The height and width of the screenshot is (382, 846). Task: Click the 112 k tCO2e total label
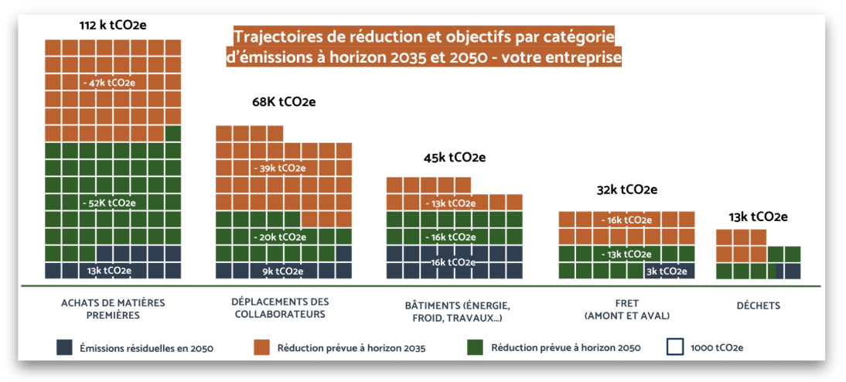[112, 26]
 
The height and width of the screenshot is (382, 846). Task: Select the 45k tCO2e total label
[454, 158]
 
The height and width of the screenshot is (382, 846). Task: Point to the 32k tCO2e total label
[626, 190]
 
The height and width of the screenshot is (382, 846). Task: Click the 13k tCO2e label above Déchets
[757, 217]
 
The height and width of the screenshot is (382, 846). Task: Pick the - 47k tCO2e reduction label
[113, 81]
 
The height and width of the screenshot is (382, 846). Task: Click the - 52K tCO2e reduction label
[113, 203]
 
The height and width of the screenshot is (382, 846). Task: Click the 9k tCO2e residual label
[284, 271]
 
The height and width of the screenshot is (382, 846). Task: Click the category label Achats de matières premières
[112, 309]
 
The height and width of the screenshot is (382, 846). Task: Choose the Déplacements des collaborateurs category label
[280, 308]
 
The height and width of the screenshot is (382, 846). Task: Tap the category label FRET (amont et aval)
[627, 309]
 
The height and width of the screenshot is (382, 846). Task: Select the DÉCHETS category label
[758, 305]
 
